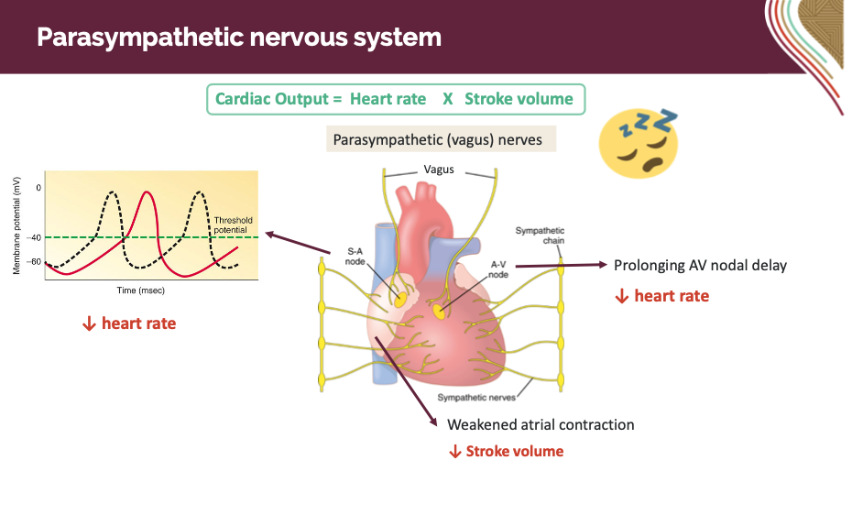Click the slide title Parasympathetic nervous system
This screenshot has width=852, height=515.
tap(238, 38)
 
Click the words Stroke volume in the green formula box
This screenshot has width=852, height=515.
tap(519, 99)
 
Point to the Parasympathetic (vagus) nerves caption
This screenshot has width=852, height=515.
tap(437, 140)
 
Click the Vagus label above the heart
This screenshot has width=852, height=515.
tap(439, 170)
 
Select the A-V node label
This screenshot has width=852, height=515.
tap(499, 268)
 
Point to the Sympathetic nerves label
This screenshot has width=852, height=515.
tap(475, 397)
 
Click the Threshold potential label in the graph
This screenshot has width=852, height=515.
tap(233, 225)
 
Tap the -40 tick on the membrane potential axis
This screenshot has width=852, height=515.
tap(34, 237)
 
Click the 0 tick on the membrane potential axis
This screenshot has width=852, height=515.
tap(38, 187)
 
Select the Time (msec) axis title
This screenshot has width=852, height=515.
tap(141, 290)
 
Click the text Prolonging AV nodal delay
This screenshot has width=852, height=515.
tap(700, 266)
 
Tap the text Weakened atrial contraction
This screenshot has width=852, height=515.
tap(541, 424)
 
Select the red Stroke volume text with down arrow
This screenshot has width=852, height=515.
tap(506, 451)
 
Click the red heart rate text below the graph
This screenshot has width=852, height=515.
tap(128, 323)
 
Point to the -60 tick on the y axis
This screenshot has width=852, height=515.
tap(34, 262)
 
